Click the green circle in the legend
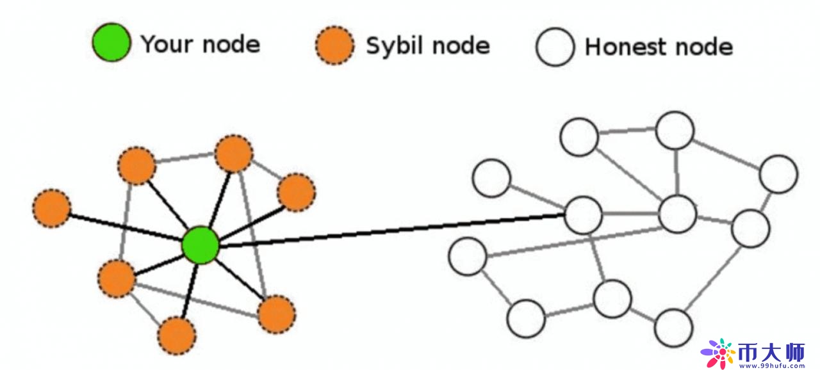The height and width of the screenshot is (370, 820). click(x=111, y=44)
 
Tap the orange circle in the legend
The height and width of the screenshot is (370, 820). click(x=334, y=45)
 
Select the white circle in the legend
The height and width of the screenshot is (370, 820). click(x=555, y=47)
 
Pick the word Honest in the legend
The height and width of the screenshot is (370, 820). click(x=625, y=47)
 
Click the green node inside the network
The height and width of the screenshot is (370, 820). click(x=201, y=245)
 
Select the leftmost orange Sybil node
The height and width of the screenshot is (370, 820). click(x=51, y=209)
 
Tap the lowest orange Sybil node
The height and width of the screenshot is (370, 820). click(x=176, y=336)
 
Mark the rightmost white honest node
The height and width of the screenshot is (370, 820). click(x=778, y=173)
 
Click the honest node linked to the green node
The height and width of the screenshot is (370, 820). click(x=584, y=215)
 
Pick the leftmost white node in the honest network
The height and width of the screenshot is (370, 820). click(x=468, y=256)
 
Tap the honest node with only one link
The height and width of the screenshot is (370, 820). click(x=491, y=177)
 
